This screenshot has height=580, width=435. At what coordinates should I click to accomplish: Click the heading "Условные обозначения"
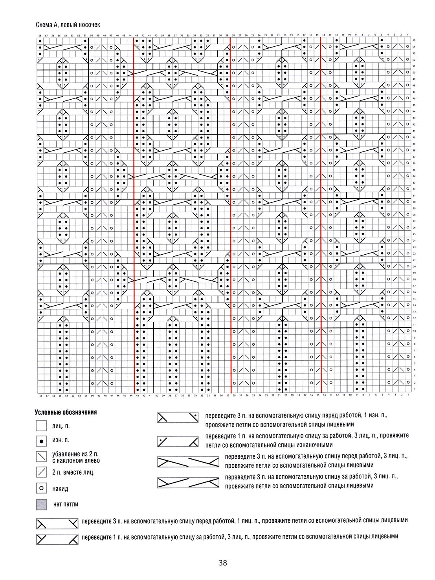pyautogui.click(x=66, y=412)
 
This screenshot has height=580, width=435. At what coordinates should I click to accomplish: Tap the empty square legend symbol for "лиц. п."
pyautogui.click(x=41, y=426)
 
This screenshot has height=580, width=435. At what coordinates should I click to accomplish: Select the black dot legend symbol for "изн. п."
pyautogui.click(x=41, y=441)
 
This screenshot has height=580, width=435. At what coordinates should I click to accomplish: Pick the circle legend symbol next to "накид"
pyautogui.click(x=41, y=488)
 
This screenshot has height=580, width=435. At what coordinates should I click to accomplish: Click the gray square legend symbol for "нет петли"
pyautogui.click(x=41, y=504)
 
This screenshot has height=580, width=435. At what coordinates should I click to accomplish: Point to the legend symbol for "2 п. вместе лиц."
pyautogui.click(x=41, y=472)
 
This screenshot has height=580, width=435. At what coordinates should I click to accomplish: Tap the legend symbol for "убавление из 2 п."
pyautogui.click(x=41, y=456)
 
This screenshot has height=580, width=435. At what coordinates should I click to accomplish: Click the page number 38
pyautogui.click(x=223, y=563)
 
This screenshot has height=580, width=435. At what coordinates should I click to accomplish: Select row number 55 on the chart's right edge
pyautogui.click(x=414, y=40)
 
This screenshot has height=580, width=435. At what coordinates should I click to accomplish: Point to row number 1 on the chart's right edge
pyautogui.click(x=414, y=389)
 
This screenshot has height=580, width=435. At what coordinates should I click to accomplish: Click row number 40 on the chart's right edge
pyautogui.click(x=414, y=137)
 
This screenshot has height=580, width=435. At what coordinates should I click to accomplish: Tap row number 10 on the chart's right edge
pyautogui.click(x=414, y=331)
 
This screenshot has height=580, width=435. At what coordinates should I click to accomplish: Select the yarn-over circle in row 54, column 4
pyautogui.click(x=388, y=47)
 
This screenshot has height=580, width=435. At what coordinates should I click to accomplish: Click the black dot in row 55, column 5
pyautogui.click(x=382, y=40)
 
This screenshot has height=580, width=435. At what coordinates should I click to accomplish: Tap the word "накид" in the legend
pyautogui.click(x=60, y=489)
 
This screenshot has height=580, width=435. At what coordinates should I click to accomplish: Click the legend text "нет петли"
pyautogui.click(x=66, y=504)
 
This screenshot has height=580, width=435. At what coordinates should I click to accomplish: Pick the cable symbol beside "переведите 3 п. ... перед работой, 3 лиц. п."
pyautogui.click(x=188, y=461)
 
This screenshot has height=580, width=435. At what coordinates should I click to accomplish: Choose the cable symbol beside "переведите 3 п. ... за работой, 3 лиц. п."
pyautogui.click(x=188, y=482)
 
